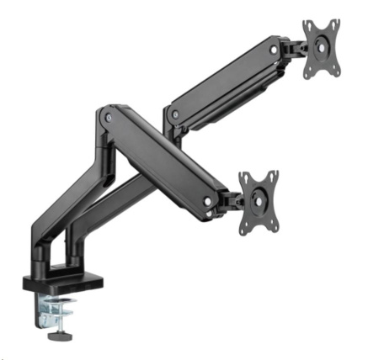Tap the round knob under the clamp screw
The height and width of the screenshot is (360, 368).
(60, 339)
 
